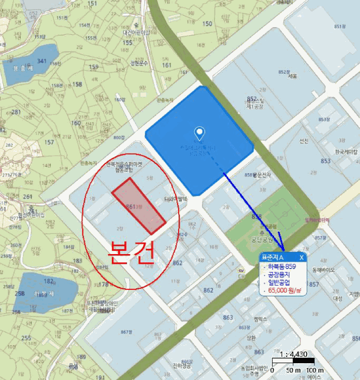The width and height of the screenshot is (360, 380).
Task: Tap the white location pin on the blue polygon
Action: (x=200, y=132)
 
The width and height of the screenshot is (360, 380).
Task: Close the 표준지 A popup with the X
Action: (x=301, y=257)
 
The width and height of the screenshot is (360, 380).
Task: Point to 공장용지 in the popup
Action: (x=280, y=274)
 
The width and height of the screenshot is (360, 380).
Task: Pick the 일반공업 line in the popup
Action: (x=280, y=282)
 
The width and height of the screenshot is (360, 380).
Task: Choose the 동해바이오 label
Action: (x=325, y=269)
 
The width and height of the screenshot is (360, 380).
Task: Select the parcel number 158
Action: (x=78, y=84)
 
